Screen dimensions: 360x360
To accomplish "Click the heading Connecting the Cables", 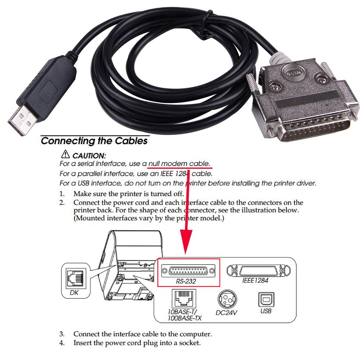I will pyautogui.click(x=94, y=141).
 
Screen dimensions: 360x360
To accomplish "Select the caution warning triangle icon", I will pyautogui.click(x=65, y=155).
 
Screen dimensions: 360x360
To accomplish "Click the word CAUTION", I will pyautogui.click(x=89, y=156).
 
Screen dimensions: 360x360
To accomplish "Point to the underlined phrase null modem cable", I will pyautogui.click(x=179, y=164).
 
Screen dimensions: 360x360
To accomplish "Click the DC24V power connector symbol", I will pyautogui.click(x=227, y=298).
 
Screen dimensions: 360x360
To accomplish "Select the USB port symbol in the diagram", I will pyautogui.click(x=265, y=298).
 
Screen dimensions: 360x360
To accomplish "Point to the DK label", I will pyautogui.click(x=74, y=293).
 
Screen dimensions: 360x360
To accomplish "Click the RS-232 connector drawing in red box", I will pyautogui.click(x=188, y=270).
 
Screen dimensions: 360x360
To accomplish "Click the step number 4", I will pyautogui.click(x=62, y=343).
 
